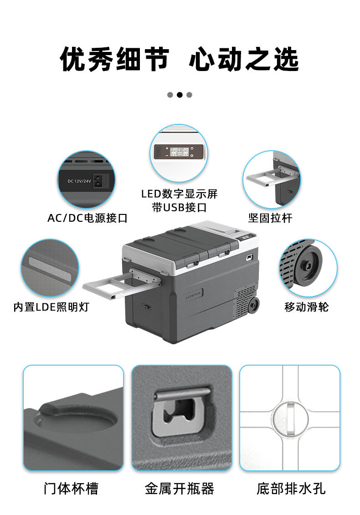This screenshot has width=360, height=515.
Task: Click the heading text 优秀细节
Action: point(114,60)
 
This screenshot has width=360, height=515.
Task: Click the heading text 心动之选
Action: point(244,60)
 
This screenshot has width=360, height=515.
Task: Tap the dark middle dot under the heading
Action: point(180,95)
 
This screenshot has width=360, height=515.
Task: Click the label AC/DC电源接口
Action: point(87,218)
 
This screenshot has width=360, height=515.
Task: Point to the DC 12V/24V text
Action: point(79,181)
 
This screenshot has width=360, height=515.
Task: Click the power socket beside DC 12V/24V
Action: point(99,180)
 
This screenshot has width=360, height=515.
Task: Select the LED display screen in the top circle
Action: point(179,152)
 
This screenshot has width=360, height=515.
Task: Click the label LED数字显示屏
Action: point(179,194)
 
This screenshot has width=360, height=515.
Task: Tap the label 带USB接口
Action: point(179,208)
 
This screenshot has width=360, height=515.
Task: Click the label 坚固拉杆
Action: point(270,218)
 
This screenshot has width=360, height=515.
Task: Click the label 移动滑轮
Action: point(306,307)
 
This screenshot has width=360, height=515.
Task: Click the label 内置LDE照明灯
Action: point(51,307)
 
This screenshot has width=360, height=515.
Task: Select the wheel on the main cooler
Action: point(253,307)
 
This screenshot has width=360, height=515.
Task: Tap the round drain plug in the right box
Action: point(289,418)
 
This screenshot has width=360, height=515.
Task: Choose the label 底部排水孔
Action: point(291,489)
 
